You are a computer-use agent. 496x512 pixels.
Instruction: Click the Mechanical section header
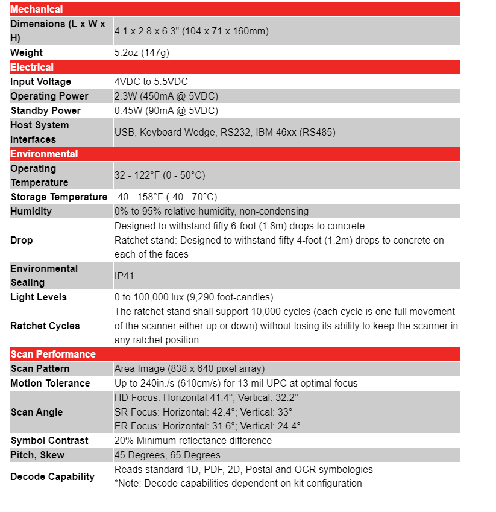point(37,9)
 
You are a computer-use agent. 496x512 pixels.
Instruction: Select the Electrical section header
point(32,67)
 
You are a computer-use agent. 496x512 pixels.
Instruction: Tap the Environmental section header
point(44,154)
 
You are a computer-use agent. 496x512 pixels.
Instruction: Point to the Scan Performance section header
point(53,354)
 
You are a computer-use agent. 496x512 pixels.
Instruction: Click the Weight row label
point(27,52)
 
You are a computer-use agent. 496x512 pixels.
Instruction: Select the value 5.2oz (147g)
point(142,52)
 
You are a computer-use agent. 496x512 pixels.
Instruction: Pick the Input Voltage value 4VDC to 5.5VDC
point(155,81)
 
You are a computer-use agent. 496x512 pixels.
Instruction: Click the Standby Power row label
point(46,110)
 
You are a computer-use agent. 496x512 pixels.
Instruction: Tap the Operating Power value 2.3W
point(166,96)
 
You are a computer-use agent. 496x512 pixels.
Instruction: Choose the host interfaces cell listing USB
point(225,132)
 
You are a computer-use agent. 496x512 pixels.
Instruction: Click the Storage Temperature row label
point(59,197)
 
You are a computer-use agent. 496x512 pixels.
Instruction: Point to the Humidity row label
point(31,211)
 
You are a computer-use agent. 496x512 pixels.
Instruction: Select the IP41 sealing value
point(125,276)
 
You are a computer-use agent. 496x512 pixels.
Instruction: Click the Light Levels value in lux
point(193,297)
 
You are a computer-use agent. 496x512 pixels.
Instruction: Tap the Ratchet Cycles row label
point(45,326)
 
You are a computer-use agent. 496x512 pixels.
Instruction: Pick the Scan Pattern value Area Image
point(189,368)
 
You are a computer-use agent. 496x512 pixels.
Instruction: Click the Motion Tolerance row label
point(51,383)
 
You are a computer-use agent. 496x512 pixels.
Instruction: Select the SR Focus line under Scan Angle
point(203,412)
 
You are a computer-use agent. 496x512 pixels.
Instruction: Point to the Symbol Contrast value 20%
point(193,440)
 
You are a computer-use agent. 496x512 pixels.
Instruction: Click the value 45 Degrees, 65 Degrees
point(168,455)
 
